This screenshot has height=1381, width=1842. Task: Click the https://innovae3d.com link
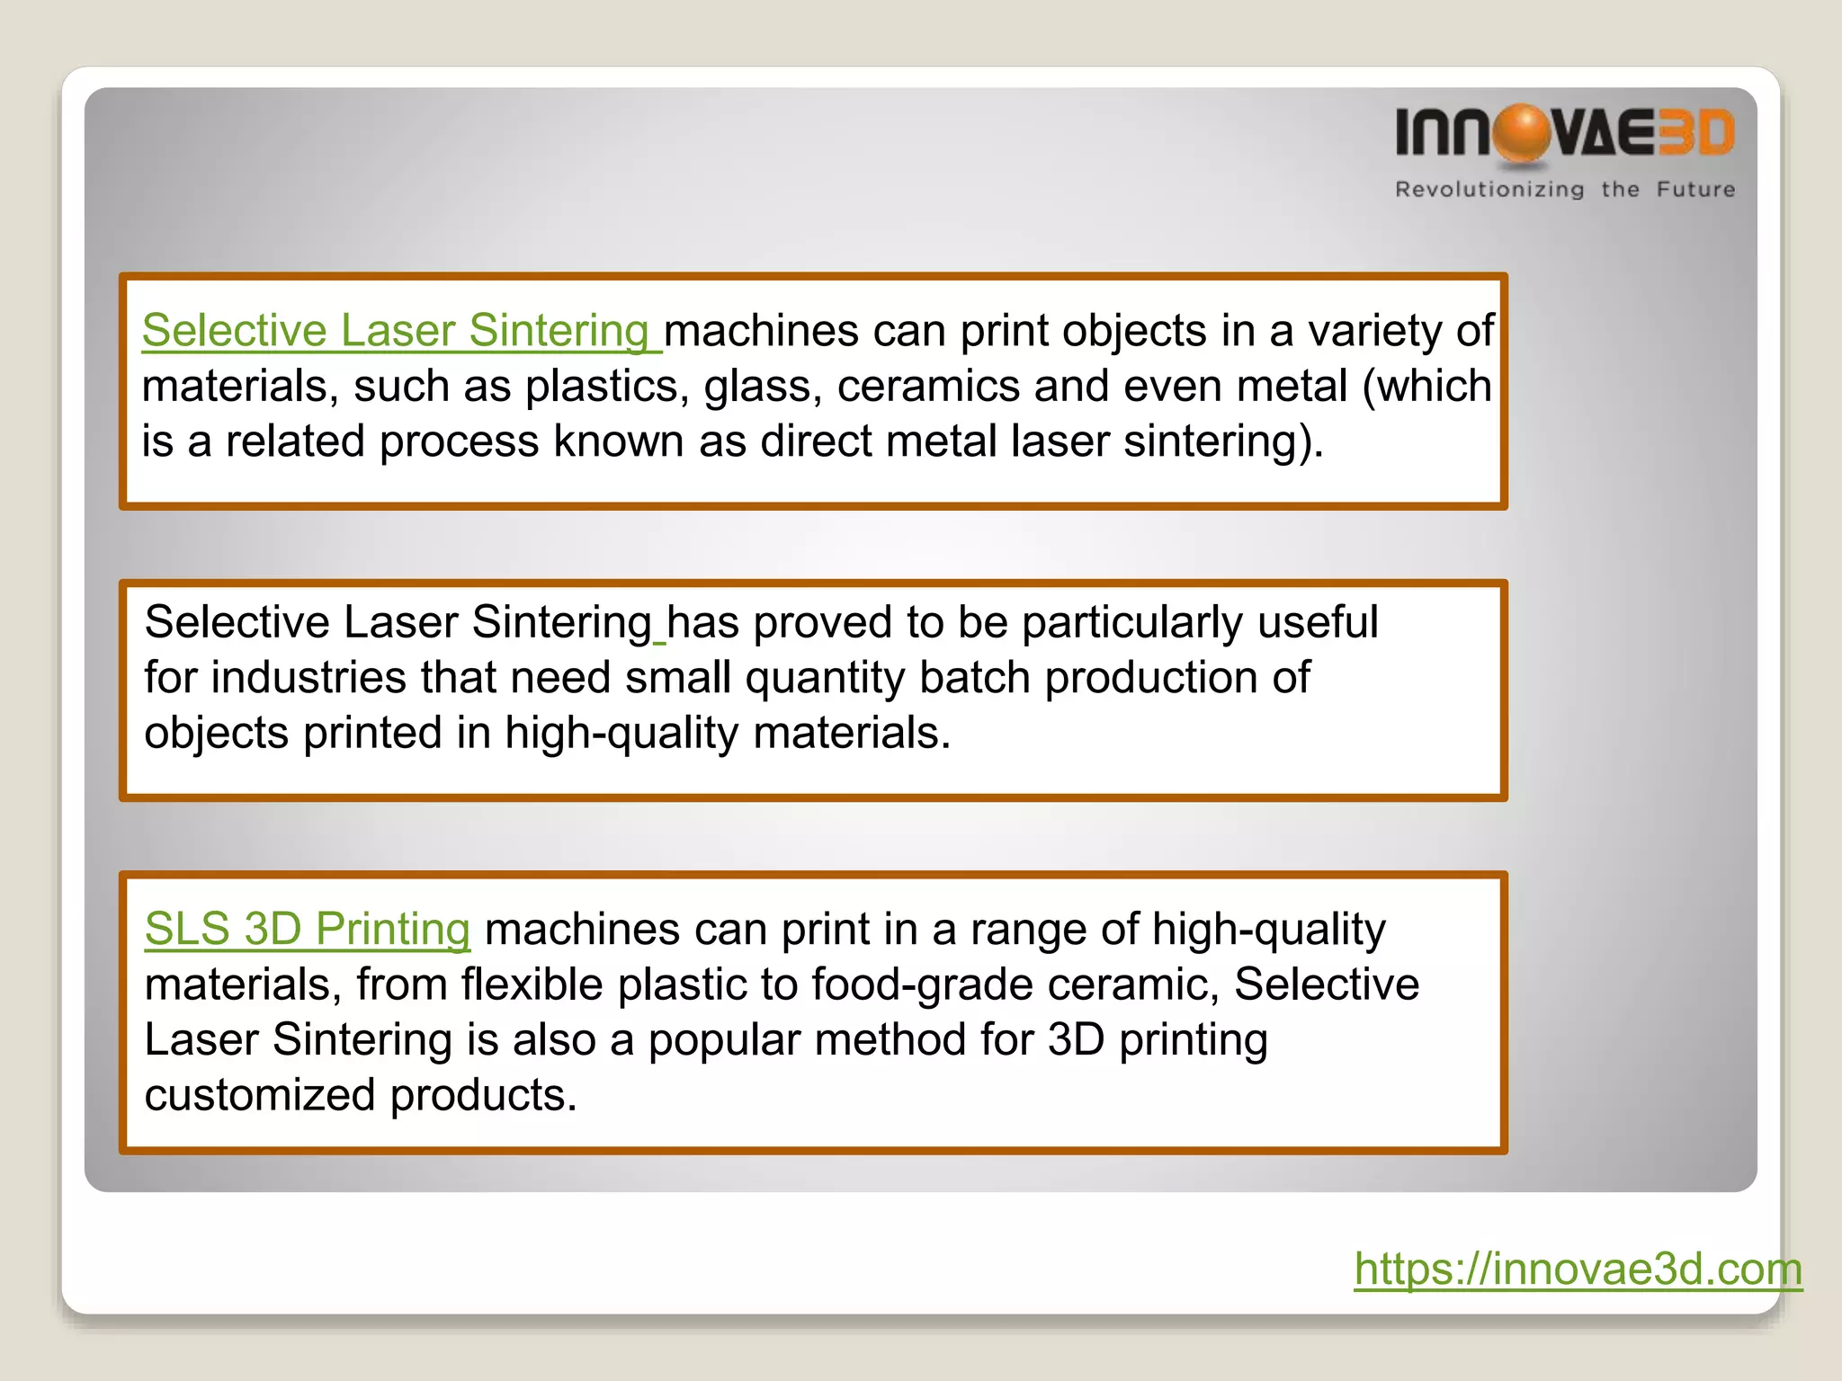point(1578,1269)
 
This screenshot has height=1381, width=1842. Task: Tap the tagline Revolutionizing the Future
point(1564,190)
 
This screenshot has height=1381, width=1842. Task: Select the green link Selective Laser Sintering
point(396,331)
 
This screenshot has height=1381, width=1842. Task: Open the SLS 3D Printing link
point(307,929)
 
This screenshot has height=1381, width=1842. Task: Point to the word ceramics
point(928,387)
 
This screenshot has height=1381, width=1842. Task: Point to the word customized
point(260,1095)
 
